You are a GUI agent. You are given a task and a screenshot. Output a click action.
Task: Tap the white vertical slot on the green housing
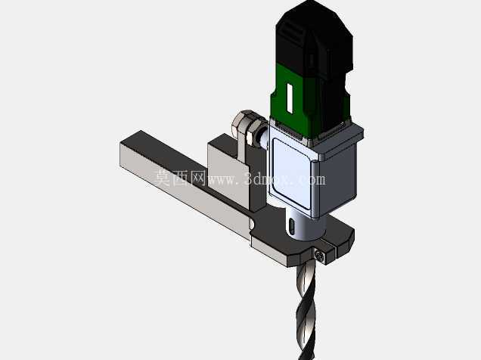[289, 97]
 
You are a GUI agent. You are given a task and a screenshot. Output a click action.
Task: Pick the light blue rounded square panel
[291, 174]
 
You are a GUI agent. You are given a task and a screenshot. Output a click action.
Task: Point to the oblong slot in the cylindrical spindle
[292, 228]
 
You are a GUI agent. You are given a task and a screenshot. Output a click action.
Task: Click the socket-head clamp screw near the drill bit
[320, 255]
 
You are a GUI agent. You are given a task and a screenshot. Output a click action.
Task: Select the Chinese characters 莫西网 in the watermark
[179, 178]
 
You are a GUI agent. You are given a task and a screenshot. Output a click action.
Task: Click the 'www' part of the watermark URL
[222, 180]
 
